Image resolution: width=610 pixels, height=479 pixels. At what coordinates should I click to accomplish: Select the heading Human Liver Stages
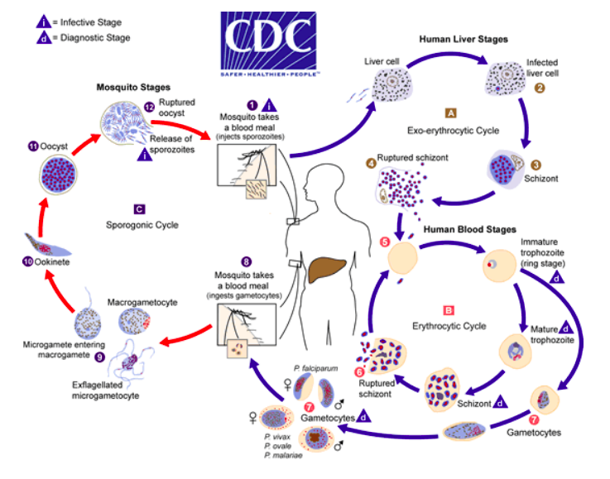pyautogui.click(x=464, y=39)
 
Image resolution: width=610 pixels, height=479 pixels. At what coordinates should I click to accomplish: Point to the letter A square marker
pyautogui.click(x=450, y=113)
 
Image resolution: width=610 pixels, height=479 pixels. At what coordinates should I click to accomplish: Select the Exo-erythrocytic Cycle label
pyautogui.click(x=451, y=130)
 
